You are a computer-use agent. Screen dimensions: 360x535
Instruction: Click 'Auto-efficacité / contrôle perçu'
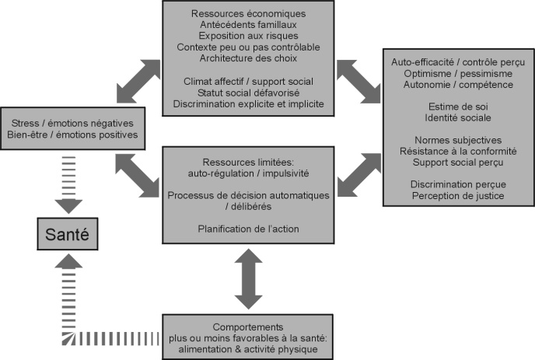(458, 60)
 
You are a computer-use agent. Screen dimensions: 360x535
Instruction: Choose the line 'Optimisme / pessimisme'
(458, 72)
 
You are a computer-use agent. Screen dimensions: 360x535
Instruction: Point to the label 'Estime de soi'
(458, 107)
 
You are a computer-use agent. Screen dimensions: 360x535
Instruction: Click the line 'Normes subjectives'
(458, 142)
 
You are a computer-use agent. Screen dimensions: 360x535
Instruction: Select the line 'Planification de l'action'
(249, 229)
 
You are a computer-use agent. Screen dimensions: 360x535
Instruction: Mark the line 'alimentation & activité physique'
(249, 351)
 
